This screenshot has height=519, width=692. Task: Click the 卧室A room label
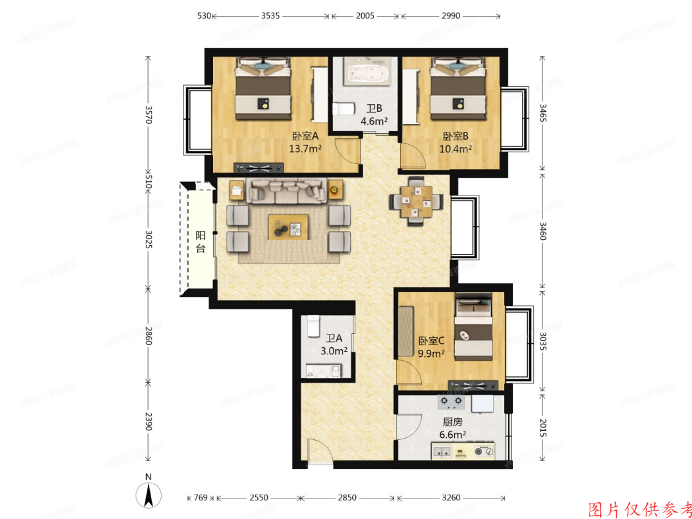pos(306,136)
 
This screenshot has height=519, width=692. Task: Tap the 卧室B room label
pos(455,136)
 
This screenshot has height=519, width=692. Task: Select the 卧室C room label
pos(431,341)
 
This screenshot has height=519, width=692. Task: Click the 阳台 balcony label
pos(200,242)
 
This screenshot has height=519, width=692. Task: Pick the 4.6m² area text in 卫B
pos(373,120)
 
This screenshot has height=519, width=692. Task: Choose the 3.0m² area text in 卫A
pos(334,351)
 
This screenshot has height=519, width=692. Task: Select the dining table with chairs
pos(416,202)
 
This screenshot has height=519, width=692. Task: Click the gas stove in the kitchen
pos(451,403)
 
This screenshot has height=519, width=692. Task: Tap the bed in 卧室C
pos(473,328)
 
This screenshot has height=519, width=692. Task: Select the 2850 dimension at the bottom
pos(348,498)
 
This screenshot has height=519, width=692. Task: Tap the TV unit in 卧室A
pos(260,168)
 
